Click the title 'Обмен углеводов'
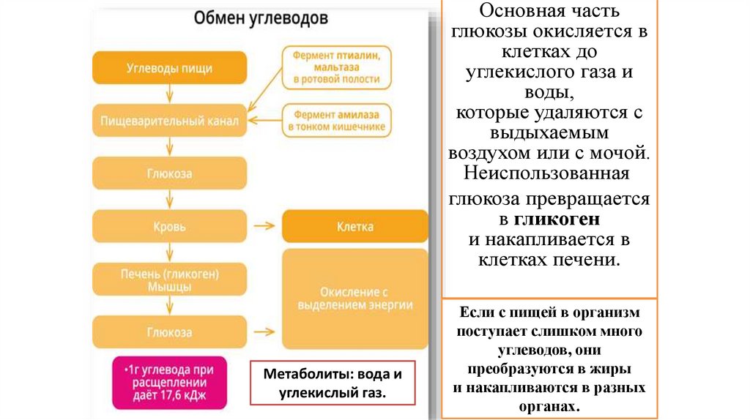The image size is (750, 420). point(261,18)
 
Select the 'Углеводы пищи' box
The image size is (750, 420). point(169,68)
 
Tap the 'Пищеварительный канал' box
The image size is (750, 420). point(169,121)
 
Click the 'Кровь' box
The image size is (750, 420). point(169,227)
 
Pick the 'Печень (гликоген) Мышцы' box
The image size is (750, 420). point(169,280)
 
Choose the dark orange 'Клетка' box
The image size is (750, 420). point(354,226)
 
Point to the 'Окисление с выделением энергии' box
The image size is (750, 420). point(354,299)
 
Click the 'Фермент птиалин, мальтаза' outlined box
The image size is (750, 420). point(336,67)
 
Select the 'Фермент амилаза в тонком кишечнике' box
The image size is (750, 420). point(336,120)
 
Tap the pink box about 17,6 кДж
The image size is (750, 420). point(169,382)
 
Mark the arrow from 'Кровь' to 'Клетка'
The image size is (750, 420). point(261,227)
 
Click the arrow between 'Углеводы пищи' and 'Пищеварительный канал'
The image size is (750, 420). point(169,94)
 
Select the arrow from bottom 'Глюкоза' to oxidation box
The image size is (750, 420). point(261,332)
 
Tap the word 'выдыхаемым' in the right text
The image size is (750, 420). point(549,134)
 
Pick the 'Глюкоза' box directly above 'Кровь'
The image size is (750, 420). point(169,173)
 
